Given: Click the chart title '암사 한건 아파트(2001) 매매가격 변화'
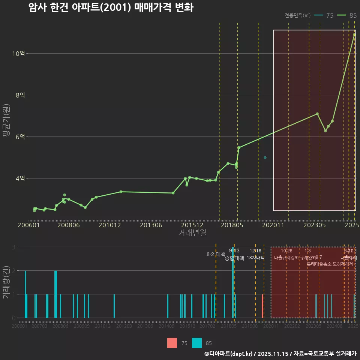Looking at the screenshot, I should click(x=111, y=7).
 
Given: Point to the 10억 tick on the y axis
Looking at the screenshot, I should click(x=18, y=53).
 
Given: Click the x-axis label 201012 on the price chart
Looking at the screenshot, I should click(x=109, y=225).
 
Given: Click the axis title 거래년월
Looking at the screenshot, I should click(x=192, y=232).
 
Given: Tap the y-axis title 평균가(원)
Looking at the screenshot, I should click(x=6, y=127).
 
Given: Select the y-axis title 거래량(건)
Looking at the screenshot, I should click(x=6, y=282).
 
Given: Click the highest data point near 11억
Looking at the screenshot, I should click(x=354, y=35).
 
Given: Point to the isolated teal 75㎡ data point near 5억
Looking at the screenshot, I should click(x=265, y=157).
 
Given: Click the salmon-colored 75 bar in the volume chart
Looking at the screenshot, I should click(x=262, y=306).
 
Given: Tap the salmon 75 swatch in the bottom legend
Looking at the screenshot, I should click(x=172, y=343).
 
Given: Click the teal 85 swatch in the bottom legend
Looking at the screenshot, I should click(x=196, y=343).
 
